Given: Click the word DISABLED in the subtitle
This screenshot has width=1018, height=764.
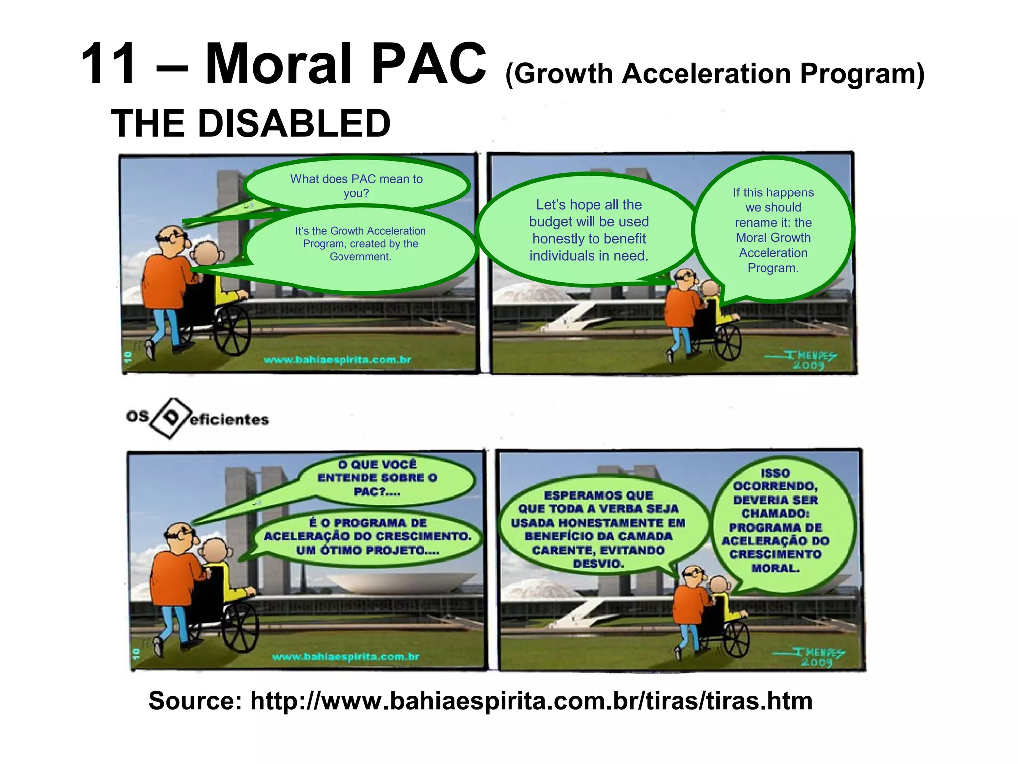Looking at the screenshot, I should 293,124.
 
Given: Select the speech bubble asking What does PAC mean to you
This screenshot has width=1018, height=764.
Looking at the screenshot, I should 356,186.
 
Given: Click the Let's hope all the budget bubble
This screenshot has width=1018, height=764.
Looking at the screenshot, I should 589,230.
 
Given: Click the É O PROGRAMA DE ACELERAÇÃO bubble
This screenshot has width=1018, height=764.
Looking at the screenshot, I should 368,536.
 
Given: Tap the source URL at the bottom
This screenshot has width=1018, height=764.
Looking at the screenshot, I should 531,701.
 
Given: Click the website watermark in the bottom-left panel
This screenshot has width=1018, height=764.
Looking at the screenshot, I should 345,657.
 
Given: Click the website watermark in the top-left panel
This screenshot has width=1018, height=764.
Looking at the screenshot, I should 338,360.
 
